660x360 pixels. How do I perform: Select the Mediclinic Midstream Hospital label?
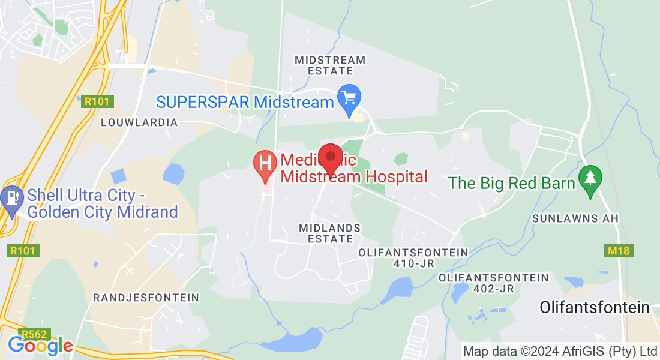pyautogui.click(x=354, y=169)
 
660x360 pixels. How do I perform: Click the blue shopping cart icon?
pyautogui.click(x=349, y=98)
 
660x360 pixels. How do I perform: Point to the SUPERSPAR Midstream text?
pyautogui.click(x=245, y=102)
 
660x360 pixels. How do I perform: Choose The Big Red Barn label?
pyautogui.click(x=512, y=183)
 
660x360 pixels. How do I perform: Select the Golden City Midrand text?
pyautogui.click(x=103, y=212)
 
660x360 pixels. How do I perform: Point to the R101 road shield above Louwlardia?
pyautogui.click(x=97, y=101)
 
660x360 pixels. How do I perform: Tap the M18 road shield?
pyautogui.click(x=617, y=251)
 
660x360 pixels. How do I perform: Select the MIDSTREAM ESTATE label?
pyautogui.click(x=330, y=65)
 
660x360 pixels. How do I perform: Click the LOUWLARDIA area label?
pyautogui.click(x=139, y=122)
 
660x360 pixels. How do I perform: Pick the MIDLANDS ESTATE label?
pyautogui.click(x=330, y=233)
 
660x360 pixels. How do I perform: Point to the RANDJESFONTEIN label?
pyautogui.click(x=146, y=298)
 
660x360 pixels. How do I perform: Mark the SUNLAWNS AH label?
pyautogui.click(x=575, y=218)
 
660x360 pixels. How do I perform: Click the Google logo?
pyautogui.click(x=40, y=346)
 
